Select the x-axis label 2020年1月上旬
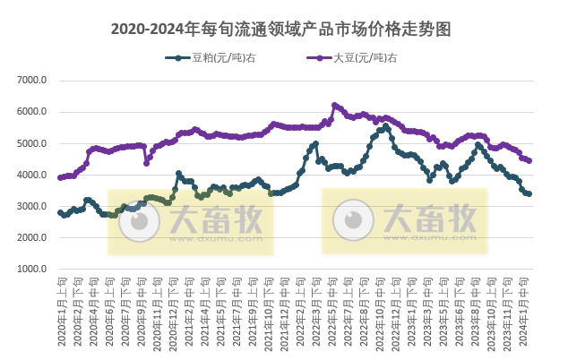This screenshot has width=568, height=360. coord(61,309)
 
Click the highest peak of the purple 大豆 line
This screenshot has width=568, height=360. coord(334,105)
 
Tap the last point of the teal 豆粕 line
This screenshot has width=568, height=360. coord(529,193)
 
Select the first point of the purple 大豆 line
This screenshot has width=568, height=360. coord(60,177)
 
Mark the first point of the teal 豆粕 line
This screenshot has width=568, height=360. coord(60,212)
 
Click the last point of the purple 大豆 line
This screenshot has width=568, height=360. coord(529,161)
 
